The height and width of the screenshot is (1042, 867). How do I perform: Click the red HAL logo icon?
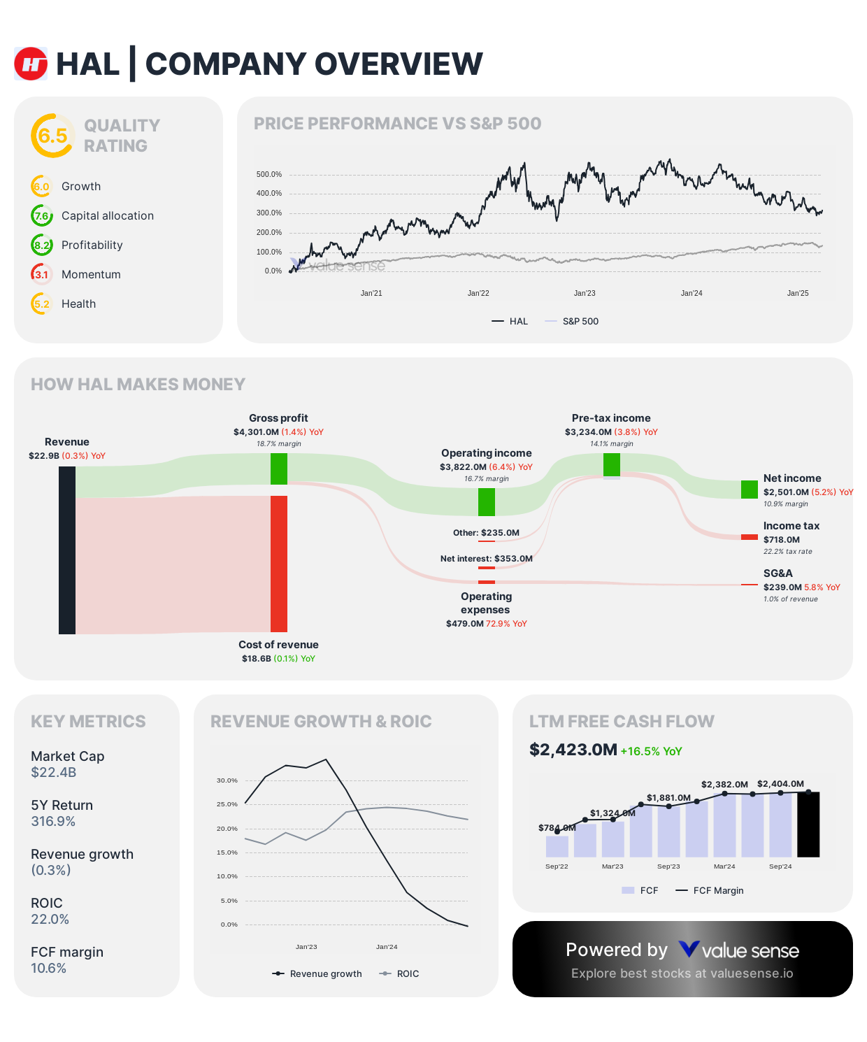[31, 64]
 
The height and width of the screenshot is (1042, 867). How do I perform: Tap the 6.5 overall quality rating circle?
[52, 136]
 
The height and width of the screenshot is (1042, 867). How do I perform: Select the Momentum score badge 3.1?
[42, 274]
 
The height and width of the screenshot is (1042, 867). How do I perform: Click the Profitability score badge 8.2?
[42, 245]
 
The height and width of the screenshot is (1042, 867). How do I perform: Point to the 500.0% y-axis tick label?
[269, 174]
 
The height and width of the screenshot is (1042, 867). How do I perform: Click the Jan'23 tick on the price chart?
[585, 293]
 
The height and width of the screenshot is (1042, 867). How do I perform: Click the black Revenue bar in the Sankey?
[67, 550]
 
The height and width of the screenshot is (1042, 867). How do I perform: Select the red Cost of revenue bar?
[279, 564]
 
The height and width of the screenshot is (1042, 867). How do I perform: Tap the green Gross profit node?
[279, 469]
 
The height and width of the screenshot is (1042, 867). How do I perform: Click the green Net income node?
[750, 490]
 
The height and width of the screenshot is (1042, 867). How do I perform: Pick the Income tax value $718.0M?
[781, 540]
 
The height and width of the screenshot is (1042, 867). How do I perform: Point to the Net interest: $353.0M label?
[486, 559]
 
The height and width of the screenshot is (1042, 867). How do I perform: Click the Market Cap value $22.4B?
[54, 773]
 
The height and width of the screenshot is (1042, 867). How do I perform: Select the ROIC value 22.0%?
[50, 920]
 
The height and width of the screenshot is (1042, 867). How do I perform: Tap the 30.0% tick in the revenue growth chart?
[227, 780]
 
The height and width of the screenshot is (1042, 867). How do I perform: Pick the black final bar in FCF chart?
[808, 825]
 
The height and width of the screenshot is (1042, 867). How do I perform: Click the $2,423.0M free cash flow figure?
[573, 750]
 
